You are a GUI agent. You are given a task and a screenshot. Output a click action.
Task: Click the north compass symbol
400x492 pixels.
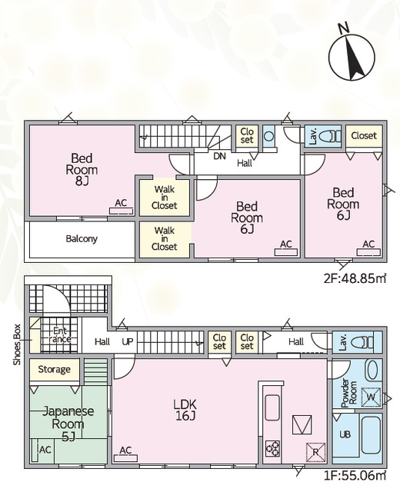tap(352, 57)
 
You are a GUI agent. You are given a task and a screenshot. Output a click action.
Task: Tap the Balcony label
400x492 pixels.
tap(82, 239)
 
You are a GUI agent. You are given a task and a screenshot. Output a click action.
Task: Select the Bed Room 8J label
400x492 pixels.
tap(82, 169)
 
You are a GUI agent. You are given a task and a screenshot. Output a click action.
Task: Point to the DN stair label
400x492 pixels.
tap(219, 156)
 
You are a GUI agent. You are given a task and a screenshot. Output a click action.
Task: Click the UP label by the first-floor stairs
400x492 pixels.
tap(128, 341)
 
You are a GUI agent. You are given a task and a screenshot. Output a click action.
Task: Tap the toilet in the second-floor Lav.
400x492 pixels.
tap(329, 137)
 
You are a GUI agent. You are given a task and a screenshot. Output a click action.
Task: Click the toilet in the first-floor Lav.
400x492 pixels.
tap(364, 343)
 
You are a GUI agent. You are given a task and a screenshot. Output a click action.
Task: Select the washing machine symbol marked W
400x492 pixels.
tap(371, 397)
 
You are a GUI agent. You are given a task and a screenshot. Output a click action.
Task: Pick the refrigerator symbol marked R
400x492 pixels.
tap(316, 452)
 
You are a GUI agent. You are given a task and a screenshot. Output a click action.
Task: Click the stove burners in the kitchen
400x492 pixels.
tap(272, 449)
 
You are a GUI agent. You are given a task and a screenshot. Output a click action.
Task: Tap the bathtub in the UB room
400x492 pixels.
tap(371, 437)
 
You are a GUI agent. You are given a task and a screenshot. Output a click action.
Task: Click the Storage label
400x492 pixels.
tap(54, 370)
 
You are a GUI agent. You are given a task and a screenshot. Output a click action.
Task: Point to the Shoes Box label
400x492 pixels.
tap(17, 344)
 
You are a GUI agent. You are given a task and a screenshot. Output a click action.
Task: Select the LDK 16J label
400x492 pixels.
tap(185, 410)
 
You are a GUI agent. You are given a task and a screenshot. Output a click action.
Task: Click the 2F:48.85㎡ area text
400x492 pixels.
tap(355, 278)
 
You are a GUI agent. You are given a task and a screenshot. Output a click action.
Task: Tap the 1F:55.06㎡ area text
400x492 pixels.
tap(355, 476)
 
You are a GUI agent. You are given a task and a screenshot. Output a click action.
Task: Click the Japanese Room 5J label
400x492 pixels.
tap(68, 424)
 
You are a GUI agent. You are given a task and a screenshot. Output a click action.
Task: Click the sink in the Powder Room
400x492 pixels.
tap(372, 371)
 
